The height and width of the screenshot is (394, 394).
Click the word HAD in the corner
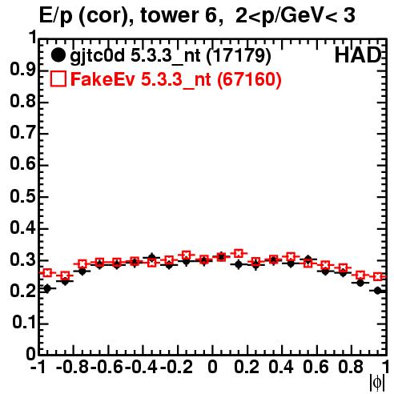coord(358,55)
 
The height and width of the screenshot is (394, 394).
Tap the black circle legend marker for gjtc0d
coord(58,55)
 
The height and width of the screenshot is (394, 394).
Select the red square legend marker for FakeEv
coord(58,79)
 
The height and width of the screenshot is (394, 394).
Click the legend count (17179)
coord(239,56)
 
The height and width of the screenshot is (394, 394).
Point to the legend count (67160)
coord(249,79)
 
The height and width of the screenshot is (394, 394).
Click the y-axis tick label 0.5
coord(23,197)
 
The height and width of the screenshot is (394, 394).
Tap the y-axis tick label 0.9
coord(23,70)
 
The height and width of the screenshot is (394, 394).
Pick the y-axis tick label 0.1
coord(24,323)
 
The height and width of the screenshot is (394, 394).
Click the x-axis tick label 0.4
coord(281,367)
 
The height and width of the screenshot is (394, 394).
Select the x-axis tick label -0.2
coord(176,367)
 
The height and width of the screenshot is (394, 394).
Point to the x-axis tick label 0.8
coord(351,367)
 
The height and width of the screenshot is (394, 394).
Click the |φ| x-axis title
coord(377,383)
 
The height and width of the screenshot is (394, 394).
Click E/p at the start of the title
coord(56,17)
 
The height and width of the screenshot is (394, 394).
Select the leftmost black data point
coord(47,288)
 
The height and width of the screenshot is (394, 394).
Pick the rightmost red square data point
coord(378,276)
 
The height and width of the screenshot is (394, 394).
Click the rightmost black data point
coord(378,291)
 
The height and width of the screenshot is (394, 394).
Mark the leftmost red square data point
coord(47,273)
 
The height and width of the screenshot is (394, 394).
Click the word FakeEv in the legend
coord(103,79)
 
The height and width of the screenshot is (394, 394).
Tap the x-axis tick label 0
coord(212,367)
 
